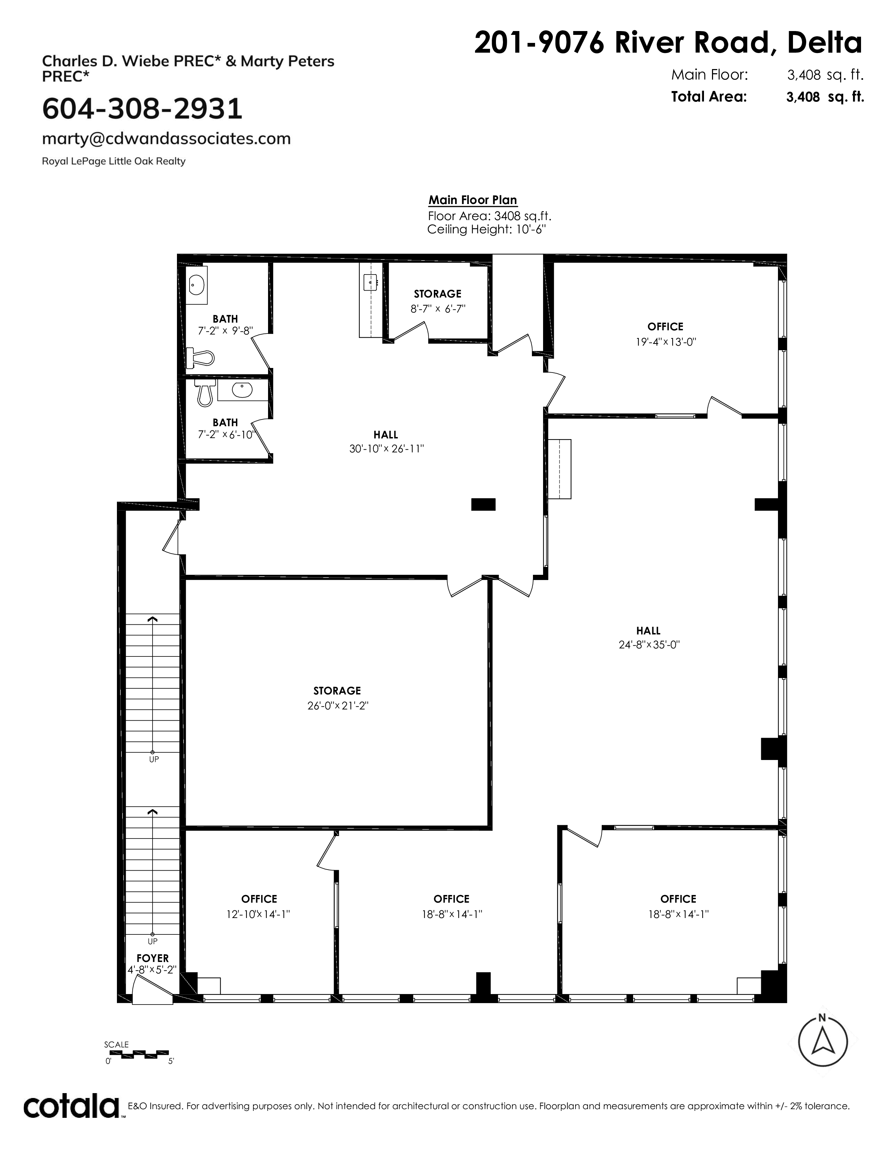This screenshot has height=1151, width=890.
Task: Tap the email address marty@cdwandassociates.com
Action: pyautogui.click(x=166, y=138)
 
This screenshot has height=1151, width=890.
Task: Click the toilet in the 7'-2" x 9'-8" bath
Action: pyautogui.click(x=201, y=358)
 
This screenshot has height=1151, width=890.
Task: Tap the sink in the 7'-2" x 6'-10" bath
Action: pyautogui.click(x=243, y=391)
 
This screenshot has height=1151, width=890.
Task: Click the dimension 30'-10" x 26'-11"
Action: pyautogui.click(x=386, y=449)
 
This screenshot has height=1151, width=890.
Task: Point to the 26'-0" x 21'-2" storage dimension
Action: pyautogui.click(x=338, y=706)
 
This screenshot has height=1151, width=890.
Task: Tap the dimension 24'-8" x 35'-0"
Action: pyautogui.click(x=649, y=645)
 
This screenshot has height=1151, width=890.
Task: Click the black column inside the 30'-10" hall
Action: pyautogui.click(x=483, y=504)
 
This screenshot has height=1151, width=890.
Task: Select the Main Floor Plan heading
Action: pyautogui.click(x=473, y=200)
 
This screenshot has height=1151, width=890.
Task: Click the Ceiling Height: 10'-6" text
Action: pyautogui.click(x=486, y=230)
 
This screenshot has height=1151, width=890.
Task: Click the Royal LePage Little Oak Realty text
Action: pyautogui.click(x=113, y=161)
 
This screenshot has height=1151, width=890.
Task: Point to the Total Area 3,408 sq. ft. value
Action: pyautogui.click(x=825, y=97)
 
